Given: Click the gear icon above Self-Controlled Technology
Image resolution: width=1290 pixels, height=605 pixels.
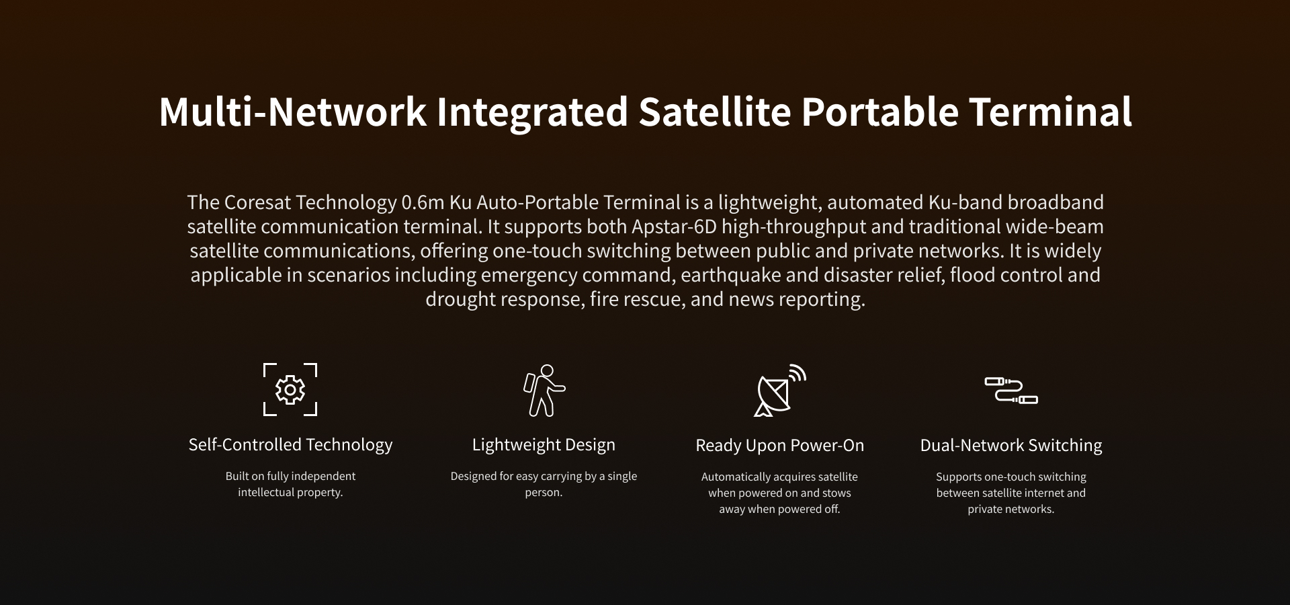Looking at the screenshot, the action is pos(290,390).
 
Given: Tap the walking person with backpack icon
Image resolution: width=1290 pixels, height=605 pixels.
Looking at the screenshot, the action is pos(544,390).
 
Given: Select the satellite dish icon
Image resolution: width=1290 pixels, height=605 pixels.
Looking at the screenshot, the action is pos(779,391).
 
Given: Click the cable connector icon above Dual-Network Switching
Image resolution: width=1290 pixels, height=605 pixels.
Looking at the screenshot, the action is pos(1011,391).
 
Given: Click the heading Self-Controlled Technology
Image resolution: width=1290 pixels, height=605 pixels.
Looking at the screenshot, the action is pos(290,445).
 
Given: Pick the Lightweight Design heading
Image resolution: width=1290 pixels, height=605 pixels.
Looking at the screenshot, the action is pos(544,445).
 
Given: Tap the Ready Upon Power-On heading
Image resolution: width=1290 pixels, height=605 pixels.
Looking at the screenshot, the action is pos(780,446).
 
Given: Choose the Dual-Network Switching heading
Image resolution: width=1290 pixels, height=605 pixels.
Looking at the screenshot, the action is pos(1011,446).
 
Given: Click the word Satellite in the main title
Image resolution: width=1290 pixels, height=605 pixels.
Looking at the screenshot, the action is pos(714,112).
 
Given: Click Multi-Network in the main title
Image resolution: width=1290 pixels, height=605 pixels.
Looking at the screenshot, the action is pos(293,112).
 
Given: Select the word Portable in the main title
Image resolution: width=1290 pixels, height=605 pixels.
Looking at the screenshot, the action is pos(879,112).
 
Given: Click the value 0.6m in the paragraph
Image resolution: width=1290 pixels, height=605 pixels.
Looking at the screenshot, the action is pos(423,202).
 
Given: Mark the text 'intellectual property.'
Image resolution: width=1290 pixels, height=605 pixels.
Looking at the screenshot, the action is pos(290,493).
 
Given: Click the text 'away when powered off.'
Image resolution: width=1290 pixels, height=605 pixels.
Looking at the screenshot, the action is pos(779,510).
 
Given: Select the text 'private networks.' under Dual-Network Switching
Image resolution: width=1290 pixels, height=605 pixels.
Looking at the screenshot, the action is pos(1011,510).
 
